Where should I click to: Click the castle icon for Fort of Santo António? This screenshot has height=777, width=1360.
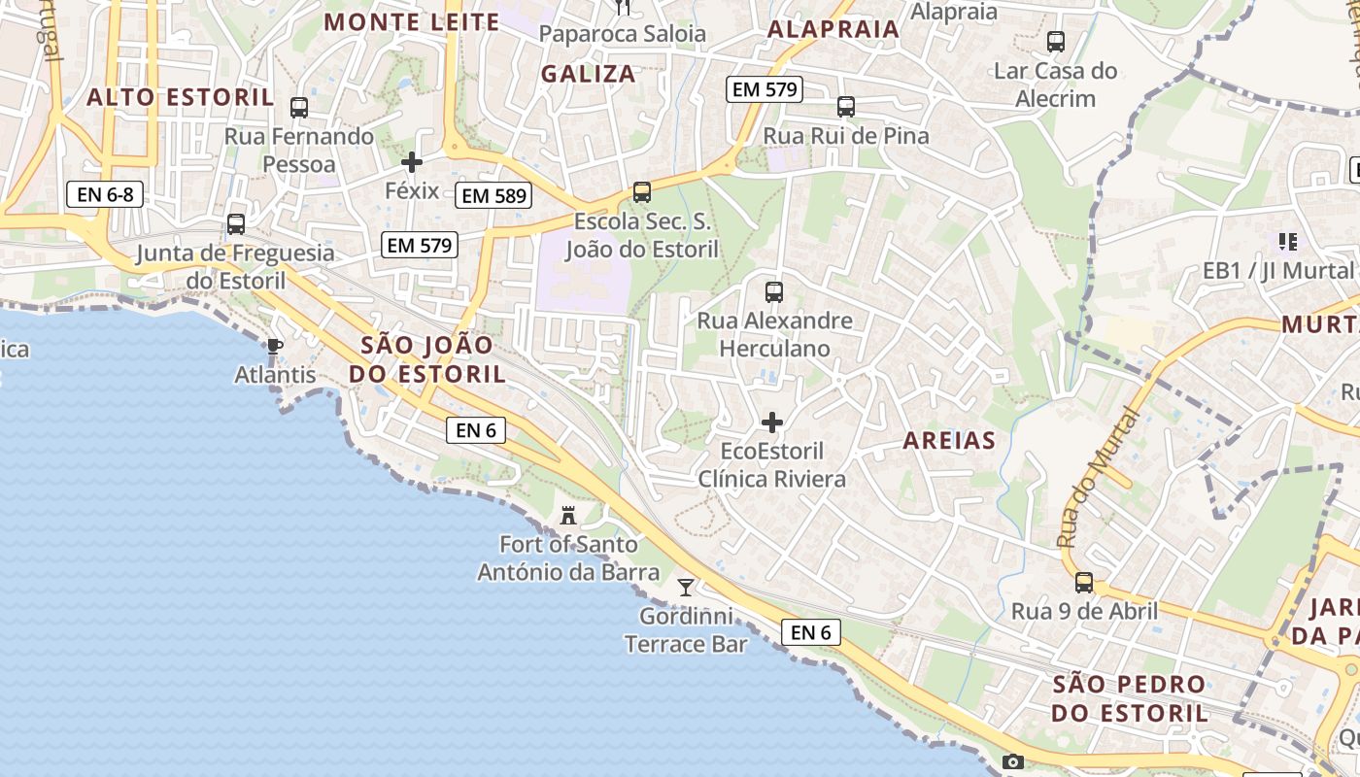coord(568,515)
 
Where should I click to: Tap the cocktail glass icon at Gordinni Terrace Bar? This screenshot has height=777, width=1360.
coord(686,587)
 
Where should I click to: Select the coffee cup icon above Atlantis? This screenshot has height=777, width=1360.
coord(275,346)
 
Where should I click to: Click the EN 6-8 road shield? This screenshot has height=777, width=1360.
coord(105,194)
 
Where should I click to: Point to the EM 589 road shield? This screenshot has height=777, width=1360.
coord(493,196)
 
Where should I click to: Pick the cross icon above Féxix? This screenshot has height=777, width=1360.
coord(412,162)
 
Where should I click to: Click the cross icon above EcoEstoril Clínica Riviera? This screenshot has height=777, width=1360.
coord(772,422)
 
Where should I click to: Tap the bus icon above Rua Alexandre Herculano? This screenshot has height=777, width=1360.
coord(774,291)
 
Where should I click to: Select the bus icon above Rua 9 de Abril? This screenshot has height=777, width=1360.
coord(1084,583)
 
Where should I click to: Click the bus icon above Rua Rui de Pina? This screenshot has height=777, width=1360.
coord(846,107)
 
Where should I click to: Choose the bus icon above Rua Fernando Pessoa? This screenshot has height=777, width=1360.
coord(299,108)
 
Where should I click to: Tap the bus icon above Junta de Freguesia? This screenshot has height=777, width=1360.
coord(235,224)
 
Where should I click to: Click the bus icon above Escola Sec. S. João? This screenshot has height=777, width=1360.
coord(641,192)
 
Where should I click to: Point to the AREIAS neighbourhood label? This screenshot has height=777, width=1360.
coord(949,441)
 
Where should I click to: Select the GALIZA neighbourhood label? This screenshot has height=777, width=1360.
coord(588,74)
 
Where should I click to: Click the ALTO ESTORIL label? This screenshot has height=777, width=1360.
coord(180,97)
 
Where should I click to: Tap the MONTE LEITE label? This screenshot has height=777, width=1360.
coord(412,22)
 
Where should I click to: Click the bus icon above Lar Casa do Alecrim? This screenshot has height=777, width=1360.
coord(1056,42)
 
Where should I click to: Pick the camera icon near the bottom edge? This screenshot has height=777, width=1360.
coord(1013,762)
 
